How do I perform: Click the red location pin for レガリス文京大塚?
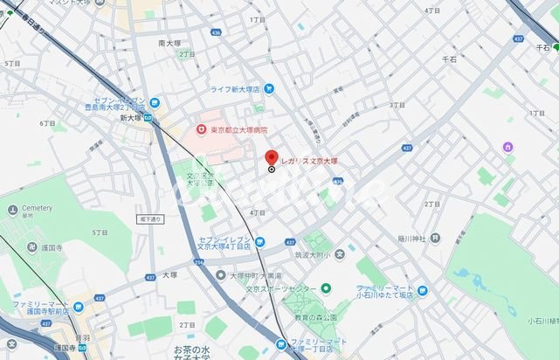point(272,157)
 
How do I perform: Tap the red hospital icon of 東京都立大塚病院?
point(199,130)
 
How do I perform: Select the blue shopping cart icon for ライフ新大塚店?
point(269,87)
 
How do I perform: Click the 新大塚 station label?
point(131,116)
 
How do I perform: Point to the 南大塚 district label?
point(170,41)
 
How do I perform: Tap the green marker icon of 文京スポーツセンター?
point(326,288)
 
